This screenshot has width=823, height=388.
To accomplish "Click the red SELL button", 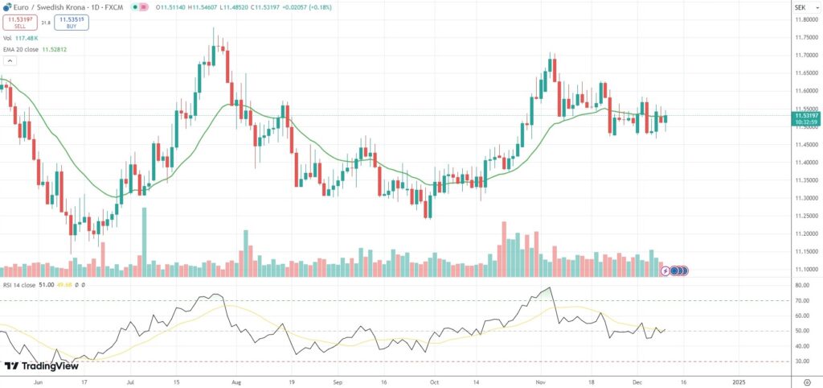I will pos(20,23).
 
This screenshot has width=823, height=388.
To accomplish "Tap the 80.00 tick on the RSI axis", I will pos(801,285).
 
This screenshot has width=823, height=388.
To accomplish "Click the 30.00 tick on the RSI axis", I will pos(801,361).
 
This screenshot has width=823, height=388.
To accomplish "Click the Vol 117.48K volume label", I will pos(21,38).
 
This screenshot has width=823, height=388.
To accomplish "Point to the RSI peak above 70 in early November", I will pos(549,288).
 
